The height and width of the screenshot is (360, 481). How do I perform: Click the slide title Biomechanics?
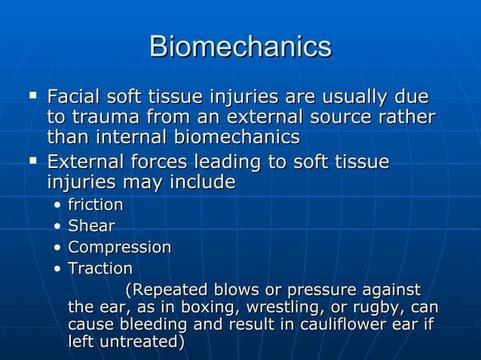240,46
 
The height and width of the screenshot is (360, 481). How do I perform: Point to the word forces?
158,163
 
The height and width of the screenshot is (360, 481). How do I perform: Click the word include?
202,182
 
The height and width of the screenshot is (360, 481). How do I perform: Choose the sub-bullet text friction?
96,205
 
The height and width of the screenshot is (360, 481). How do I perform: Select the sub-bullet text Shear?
91,226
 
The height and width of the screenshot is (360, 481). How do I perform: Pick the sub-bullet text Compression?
119,247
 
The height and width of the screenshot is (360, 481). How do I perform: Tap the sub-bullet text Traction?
100,268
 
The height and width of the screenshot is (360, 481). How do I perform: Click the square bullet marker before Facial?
32,96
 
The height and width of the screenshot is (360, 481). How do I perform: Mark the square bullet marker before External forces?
32,160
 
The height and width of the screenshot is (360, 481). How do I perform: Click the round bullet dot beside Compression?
58,248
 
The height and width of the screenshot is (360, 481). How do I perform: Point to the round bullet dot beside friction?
58,206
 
